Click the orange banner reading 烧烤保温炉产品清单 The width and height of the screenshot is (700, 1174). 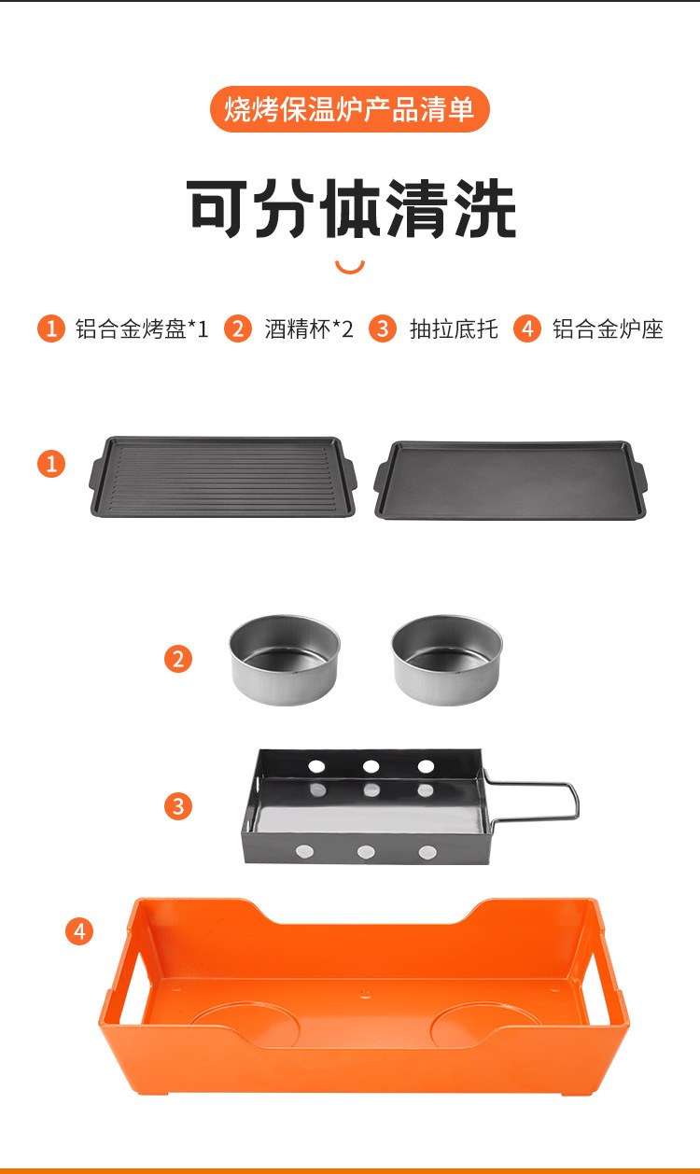(x=350, y=109)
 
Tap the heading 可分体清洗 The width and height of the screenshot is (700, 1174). (x=351, y=208)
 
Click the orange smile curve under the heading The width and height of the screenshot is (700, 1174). (x=350, y=267)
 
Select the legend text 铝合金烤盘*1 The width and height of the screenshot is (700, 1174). (x=142, y=329)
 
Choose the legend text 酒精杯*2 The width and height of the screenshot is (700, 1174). (x=309, y=329)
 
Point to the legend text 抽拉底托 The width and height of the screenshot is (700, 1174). (x=454, y=329)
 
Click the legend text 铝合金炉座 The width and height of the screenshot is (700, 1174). (x=608, y=329)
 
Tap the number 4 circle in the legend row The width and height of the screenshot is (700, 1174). (x=527, y=328)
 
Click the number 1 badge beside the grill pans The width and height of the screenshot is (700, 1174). (x=51, y=464)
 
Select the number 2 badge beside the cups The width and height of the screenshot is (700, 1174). (x=178, y=659)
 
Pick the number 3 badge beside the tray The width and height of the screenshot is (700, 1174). (x=178, y=806)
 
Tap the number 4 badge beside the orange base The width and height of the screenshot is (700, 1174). (x=79, y=931)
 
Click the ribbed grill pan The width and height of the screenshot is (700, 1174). (x=223, y=477)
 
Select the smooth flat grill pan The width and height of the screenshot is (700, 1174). (x=511, y=480)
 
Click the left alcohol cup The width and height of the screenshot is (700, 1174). (x=285, y=660)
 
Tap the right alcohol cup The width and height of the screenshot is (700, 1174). (x=447, y=660)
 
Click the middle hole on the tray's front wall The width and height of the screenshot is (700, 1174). (x=366, y=852)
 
